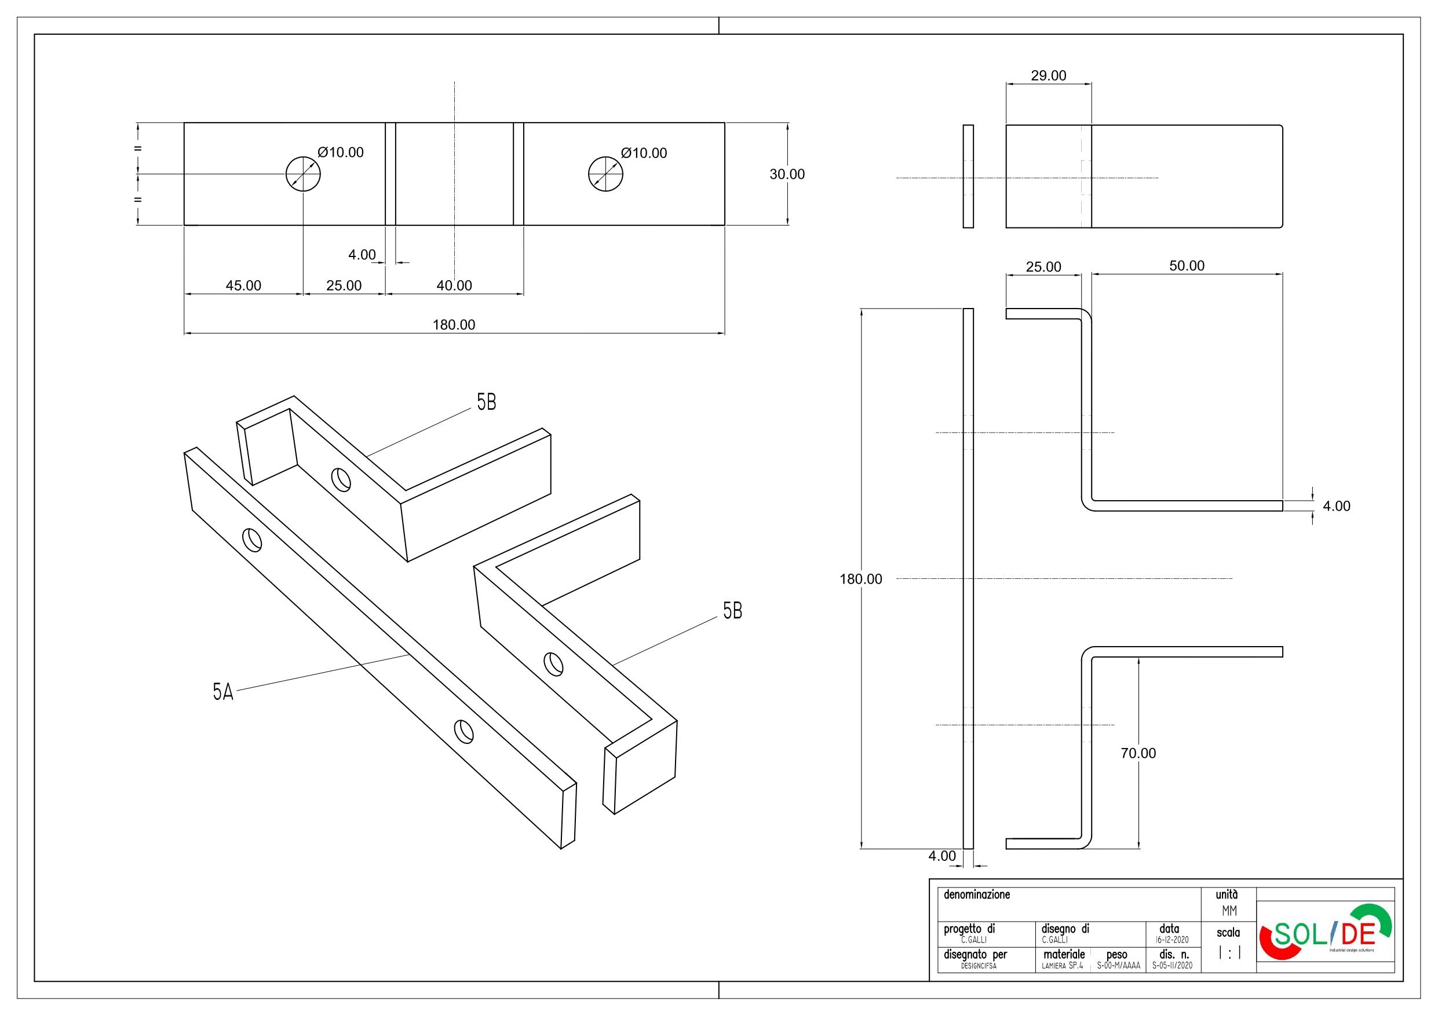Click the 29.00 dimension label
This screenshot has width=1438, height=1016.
click(1049, 76)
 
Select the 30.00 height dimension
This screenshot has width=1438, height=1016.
click(787, 175)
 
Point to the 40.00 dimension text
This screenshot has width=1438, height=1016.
click(454, 286)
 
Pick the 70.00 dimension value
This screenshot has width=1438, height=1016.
click(1138, 754)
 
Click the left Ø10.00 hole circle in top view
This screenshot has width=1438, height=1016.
click(303, 174)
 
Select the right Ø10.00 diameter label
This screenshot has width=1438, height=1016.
click(644, 153)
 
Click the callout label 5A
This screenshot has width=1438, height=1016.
click(223, 692)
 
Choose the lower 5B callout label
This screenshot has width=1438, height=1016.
click(732, 611)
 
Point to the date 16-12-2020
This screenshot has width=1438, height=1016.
click(1170, 940)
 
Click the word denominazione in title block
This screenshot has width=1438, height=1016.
click(977, 894)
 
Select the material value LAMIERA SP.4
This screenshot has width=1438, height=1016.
click(1062, 966)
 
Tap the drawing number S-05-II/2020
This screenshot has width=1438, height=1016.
click(1170, 966)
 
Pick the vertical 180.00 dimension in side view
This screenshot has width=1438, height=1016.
click(860, 579)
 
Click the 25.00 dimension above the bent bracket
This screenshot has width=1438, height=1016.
click(1043, 267)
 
